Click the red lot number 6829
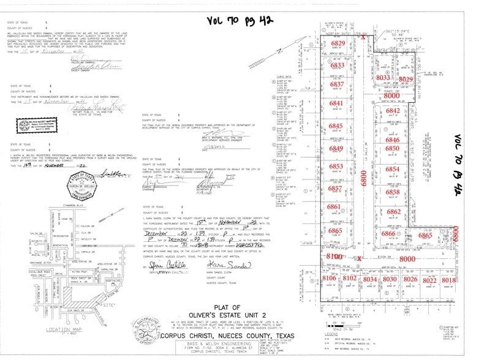(x=338, y=45)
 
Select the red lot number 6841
(x=338, y=104)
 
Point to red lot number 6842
(x=393, y=110)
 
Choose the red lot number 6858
(x=393, y=192)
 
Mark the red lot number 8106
(x=329, y=279)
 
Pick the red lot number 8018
(x=449, y=280)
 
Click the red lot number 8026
(x=410, y=280)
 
